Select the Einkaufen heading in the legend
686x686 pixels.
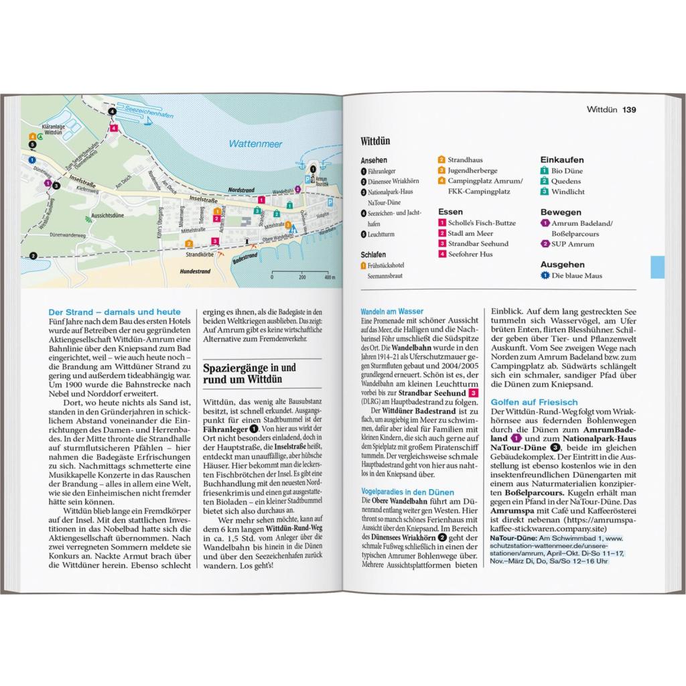click(x=561, y=160)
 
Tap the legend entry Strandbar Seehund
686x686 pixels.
click(x=478, y=244)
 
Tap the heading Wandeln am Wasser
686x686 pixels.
click(x=392, y=312)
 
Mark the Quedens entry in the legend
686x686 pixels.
click(x=566, y=181)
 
